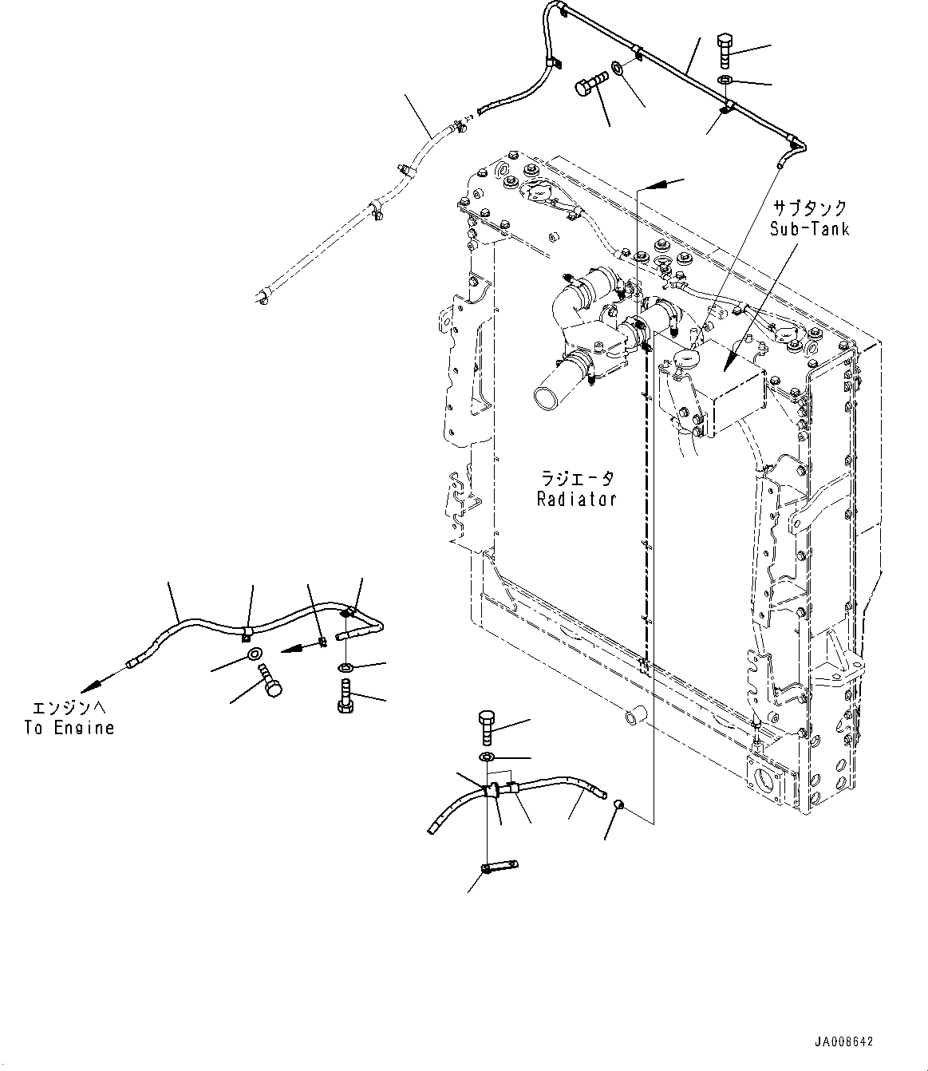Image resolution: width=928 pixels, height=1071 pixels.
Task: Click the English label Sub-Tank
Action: (809, 229)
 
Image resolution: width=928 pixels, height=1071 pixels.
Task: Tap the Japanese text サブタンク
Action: (809, 207)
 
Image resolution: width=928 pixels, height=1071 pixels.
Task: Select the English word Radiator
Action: (576, 500)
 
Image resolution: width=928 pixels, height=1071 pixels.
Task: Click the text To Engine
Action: (69, 728)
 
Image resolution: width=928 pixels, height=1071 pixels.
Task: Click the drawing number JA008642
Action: (844, 1042)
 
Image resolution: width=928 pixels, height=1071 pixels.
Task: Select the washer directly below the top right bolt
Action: (725, 80)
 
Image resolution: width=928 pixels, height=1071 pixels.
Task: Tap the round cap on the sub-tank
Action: (684, 358)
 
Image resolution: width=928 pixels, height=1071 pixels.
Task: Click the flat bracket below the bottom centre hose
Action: (500, 866)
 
